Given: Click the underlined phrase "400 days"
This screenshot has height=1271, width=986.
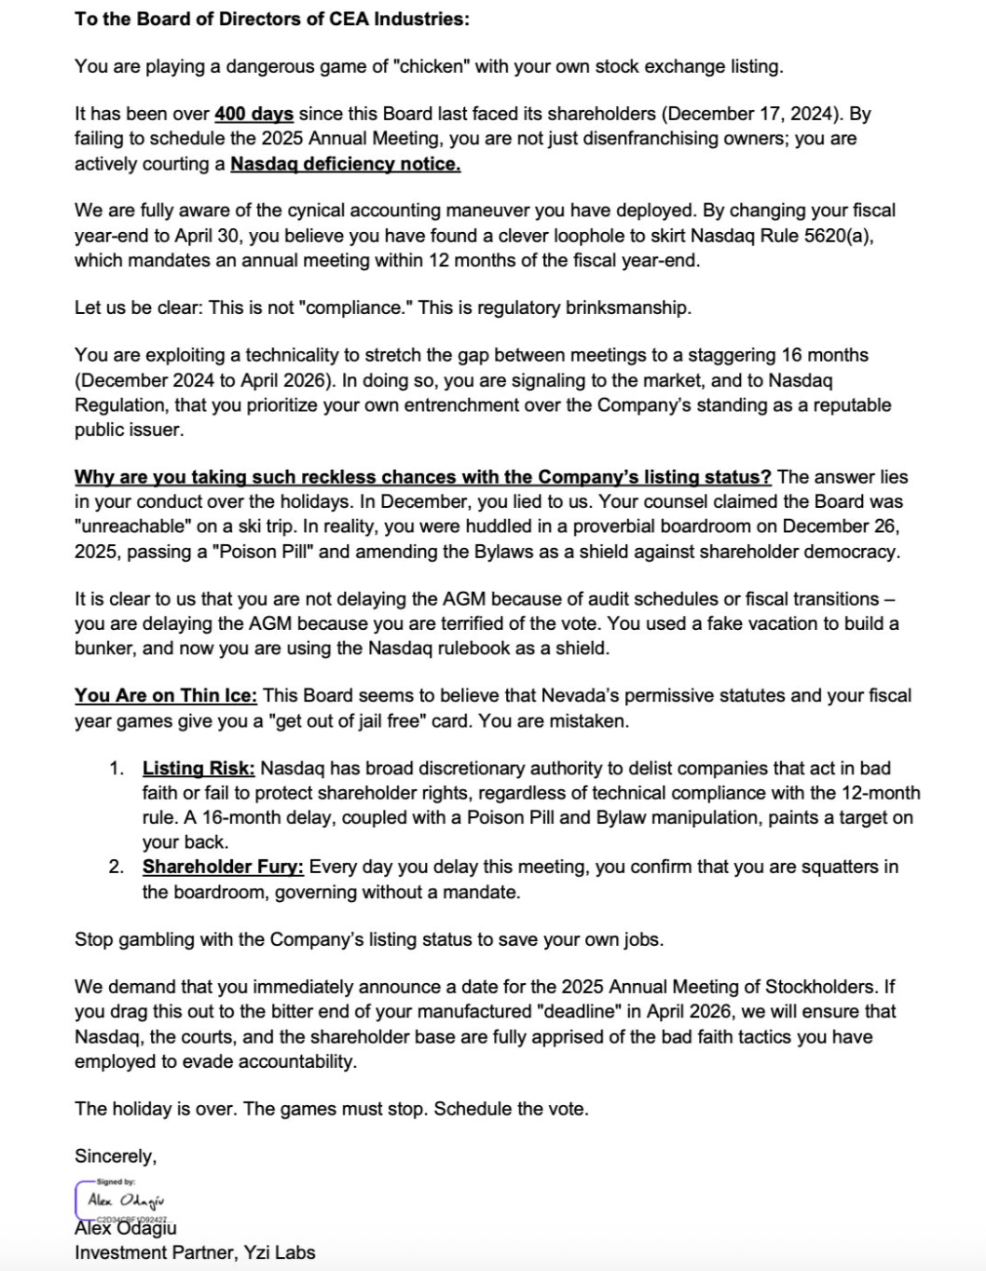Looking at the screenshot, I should tap(253, 115).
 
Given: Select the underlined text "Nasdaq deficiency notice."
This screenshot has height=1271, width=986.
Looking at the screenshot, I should tap(345, 164).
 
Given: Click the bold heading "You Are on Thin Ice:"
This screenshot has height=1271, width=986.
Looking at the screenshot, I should tap(167, 696).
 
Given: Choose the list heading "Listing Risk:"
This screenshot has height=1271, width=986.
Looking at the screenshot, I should tap(199, 769).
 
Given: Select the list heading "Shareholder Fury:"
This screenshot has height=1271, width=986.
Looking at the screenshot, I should tap(223, 868).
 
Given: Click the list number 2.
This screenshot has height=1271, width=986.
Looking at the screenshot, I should tap(116, 868).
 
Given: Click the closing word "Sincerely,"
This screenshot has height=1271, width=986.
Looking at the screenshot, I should tap(116, 1156).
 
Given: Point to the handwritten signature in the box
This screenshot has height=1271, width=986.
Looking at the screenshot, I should tap(126, 1200).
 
